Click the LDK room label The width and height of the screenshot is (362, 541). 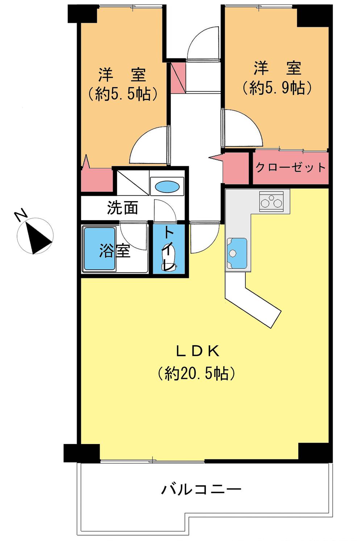click(197, 351)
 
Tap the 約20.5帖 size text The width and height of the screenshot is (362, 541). click(197, 373)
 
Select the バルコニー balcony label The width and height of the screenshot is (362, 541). click(201, 490)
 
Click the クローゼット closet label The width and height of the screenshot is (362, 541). click(291, 168)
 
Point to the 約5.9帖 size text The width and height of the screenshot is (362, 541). click(277, 88)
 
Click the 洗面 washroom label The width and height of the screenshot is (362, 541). click(122, 208)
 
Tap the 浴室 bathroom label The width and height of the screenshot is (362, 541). click(115, 250)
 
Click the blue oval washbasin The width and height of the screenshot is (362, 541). click(167, 187)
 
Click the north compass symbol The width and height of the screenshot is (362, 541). click(35, 236)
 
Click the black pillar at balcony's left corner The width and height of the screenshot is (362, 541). click(82, 453)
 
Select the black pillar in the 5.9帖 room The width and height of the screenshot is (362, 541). click(313, 16)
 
